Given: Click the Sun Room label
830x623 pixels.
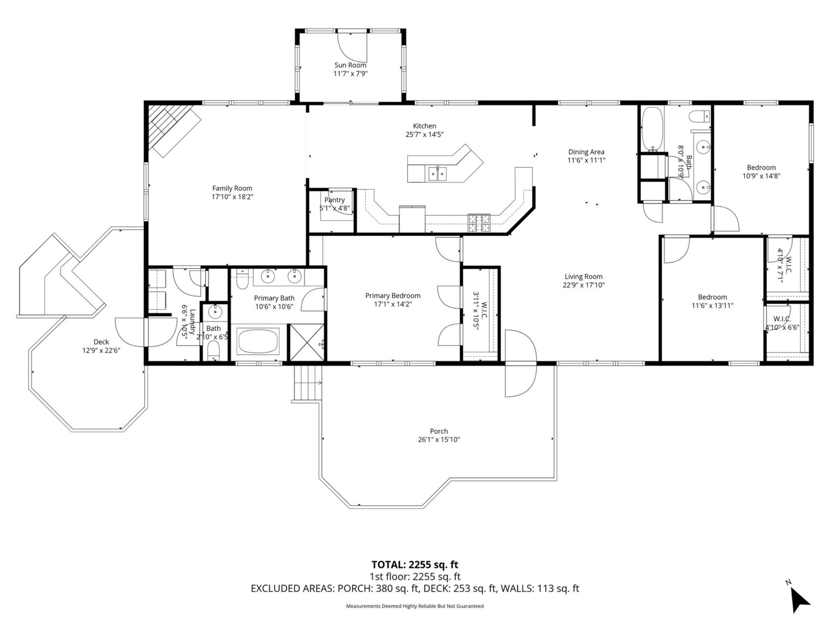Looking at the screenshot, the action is click(x=350, y=65).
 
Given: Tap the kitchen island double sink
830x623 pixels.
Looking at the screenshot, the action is click(x=437, y=173).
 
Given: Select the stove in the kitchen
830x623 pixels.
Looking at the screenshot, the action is click(x=479, y=223).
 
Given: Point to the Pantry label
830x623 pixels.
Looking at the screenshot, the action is click(x=335, y=200).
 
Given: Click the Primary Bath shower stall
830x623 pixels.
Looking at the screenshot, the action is click(x=307, y=342).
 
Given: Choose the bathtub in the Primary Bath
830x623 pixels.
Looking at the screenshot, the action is click(x=257, y=342).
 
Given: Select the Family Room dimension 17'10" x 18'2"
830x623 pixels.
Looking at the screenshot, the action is click(x=232, y=197).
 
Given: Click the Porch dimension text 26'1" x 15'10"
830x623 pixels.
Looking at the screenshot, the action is click(x=439, y=440).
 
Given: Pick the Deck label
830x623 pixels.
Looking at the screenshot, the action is click(x=101, y=342).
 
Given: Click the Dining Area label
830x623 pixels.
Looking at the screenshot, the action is click(x=586, y=152).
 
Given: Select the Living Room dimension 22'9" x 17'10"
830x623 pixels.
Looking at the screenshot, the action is click(x=584, y=285).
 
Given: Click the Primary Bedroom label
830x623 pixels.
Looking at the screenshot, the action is click(x=393, y=295).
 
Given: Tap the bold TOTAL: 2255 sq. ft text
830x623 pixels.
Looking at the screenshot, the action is click(x=414, y=565).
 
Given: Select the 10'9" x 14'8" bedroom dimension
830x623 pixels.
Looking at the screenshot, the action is click(x=761, y=176).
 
